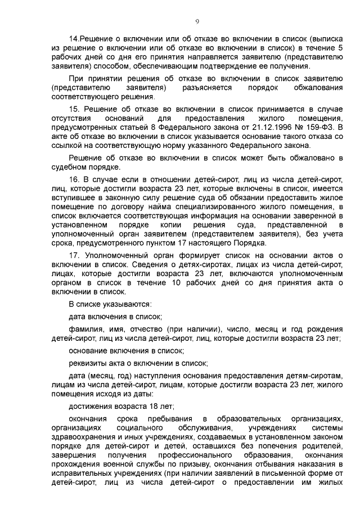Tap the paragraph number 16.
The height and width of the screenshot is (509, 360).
coord(74,178)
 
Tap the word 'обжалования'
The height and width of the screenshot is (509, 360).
coord(316,89)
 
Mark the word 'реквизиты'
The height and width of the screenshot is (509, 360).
coord(88,363)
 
